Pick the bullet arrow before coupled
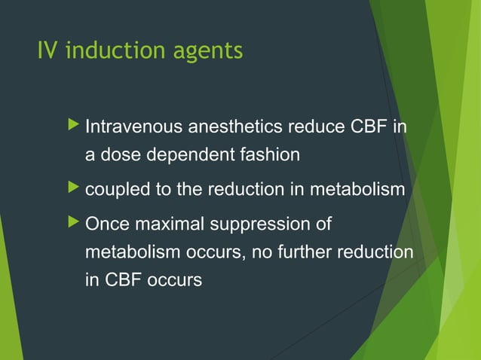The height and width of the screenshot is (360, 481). tap(72, 189)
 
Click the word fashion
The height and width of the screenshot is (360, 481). tap(271, 155)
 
